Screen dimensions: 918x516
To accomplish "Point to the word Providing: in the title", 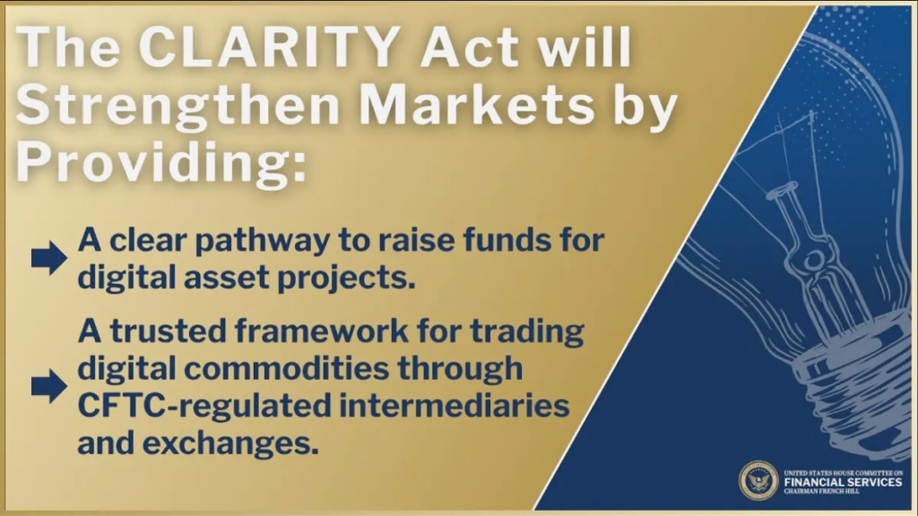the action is click(x=161, y=161).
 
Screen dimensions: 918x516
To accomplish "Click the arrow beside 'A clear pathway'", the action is click(x=49, y=257).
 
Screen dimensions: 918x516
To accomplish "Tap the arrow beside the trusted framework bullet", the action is click(x=49, y=385).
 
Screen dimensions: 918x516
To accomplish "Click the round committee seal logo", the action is click(x=758, y=481).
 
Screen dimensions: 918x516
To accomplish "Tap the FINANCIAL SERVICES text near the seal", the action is click(x=843, y=482).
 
